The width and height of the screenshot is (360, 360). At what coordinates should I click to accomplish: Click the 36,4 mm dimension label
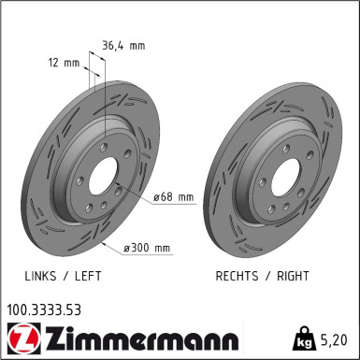[x=122, y=44]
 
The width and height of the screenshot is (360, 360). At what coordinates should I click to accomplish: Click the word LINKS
[x=43, y=278]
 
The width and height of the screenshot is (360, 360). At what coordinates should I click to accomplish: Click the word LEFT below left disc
[x=87, y=278]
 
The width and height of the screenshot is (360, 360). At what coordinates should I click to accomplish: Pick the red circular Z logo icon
[x=19, y=337]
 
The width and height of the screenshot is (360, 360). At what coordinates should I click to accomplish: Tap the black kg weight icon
[x=305, y=336]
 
